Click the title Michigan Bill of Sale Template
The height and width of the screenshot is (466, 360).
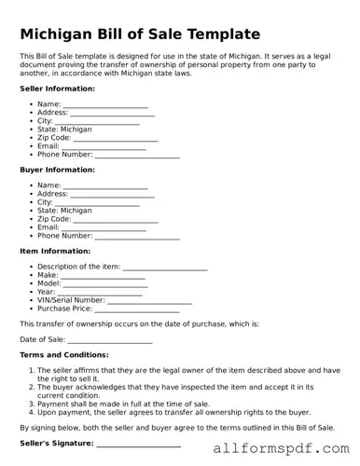(140, 34)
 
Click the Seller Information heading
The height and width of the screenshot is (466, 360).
(57, 89)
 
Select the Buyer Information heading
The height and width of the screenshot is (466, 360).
(57, 170)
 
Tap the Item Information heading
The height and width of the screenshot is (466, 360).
(55, 251)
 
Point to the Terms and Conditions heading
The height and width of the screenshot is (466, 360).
(68, 355)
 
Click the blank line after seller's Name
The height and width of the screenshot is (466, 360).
(104, 105)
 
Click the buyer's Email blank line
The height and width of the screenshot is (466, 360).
(104, 227)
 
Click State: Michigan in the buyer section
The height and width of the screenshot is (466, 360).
(64, 211)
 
